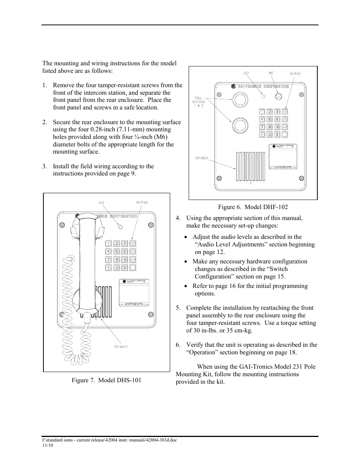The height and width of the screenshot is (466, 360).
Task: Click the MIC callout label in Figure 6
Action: pyautogui.click(x=271, y=73)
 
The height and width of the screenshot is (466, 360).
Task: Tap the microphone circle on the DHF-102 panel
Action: pyautogui.click(x=278, y=97)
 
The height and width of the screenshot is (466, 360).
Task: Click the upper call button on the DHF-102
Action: pyautogui.click(x=239, y=99)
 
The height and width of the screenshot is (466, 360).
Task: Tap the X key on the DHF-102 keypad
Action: pyautogui.click(x=277, y=134)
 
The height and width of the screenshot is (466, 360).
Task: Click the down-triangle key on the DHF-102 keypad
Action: pyautogui.click(x=285, y=112)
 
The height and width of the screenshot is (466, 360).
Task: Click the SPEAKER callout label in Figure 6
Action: pyautogui.click(x=202, y=158)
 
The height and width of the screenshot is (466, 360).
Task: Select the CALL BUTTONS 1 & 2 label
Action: pyautogui.click(x=200, y=102)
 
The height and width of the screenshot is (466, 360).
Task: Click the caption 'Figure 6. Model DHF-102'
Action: pyautogui.click(x=252, y=207)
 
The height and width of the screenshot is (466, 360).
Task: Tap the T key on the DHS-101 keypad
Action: pyautogui.click(x=108, y=268)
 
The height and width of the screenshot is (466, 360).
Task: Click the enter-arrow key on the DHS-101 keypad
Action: pyautogui.click(x=132, y=260)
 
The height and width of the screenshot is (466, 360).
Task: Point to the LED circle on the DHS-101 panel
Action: pyautogui.click(x=120, y=227)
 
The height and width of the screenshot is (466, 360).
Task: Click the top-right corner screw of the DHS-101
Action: pyautogui.click(x=151, y=225)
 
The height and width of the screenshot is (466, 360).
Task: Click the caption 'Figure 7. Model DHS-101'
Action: pyautogui.click(x=106, y=380)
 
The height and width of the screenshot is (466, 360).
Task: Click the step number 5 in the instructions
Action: pyautogui.click(x=178, y=308)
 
